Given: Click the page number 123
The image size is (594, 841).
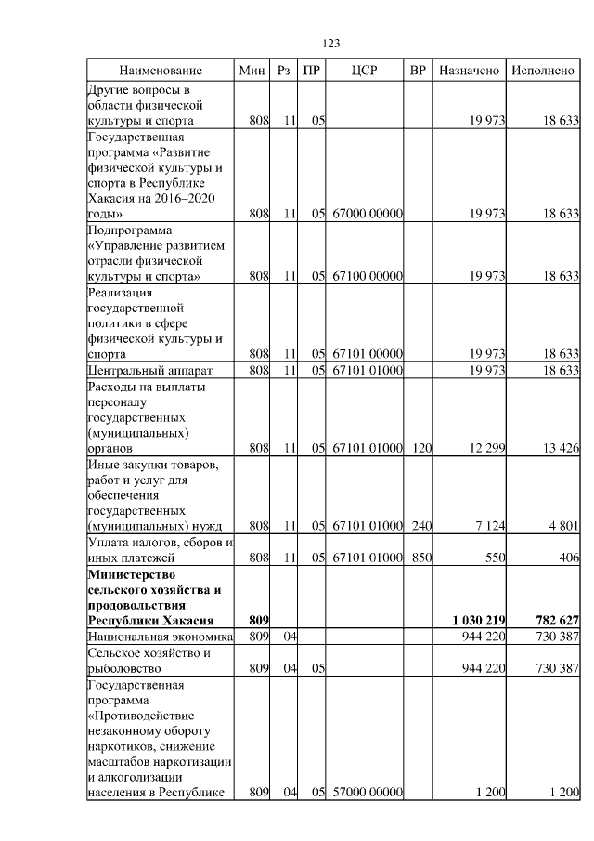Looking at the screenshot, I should point(332,44).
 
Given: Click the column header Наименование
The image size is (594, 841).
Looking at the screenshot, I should point(160,71).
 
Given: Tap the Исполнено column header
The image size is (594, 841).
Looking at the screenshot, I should point(543,71).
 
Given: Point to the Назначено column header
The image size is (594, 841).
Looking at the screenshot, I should point(469,71).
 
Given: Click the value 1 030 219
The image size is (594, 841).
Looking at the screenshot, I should point(478,620).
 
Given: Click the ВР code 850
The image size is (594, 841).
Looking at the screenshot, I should point(421,558).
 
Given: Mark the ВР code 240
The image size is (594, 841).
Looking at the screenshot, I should point(421,526).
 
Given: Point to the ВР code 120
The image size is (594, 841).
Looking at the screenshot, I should point(421,448).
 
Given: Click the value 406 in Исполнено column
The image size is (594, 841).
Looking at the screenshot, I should point(567,558).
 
